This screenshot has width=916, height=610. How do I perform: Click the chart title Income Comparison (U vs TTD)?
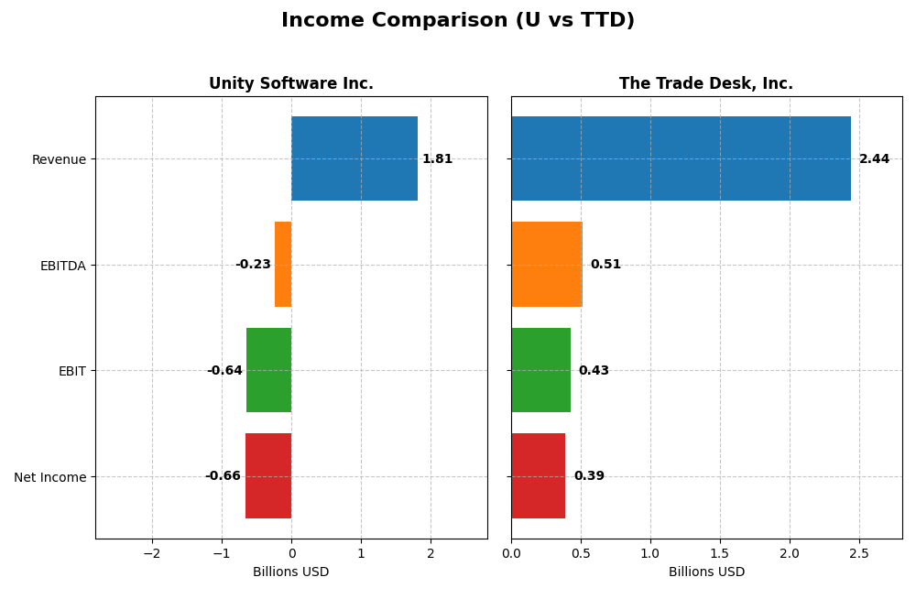(457, 21)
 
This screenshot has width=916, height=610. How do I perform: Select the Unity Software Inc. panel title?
(291, 84)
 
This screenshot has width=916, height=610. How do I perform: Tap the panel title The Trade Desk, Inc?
(706, 84)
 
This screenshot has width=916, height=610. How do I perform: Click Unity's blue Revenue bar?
(354, 158)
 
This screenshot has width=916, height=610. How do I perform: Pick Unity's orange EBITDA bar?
(283, 265)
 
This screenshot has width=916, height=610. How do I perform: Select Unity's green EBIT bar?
(269, 370)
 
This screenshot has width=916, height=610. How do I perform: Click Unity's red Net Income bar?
(268, 476)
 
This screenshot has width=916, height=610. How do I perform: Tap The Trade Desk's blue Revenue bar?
(681, 158)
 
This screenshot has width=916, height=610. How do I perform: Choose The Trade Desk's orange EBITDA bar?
(547, 265)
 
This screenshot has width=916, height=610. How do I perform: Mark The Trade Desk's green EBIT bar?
(541, 370)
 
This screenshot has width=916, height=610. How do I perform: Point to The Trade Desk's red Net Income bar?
(539, 476)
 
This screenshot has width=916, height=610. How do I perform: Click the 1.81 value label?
(437, 159)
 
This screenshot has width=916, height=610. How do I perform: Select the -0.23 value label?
(253, 265)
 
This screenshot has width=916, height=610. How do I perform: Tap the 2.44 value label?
(874, 159)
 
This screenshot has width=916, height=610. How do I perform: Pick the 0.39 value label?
(589, 476)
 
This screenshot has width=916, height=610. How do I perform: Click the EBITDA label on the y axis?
(62, 266)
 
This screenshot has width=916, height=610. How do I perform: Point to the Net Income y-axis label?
(50, 477)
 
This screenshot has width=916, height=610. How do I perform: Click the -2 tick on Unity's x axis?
(152, 553)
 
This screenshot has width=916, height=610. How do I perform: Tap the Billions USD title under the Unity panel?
(291, 572)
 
